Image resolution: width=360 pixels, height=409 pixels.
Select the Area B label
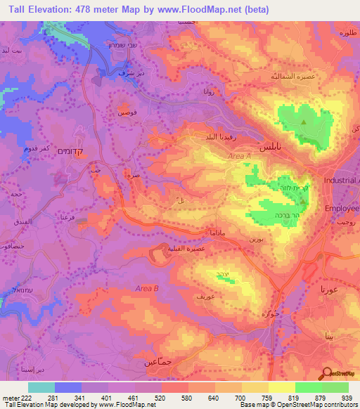147,288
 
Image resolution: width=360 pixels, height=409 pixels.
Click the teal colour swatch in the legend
41,387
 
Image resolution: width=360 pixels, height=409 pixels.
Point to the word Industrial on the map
340,181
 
